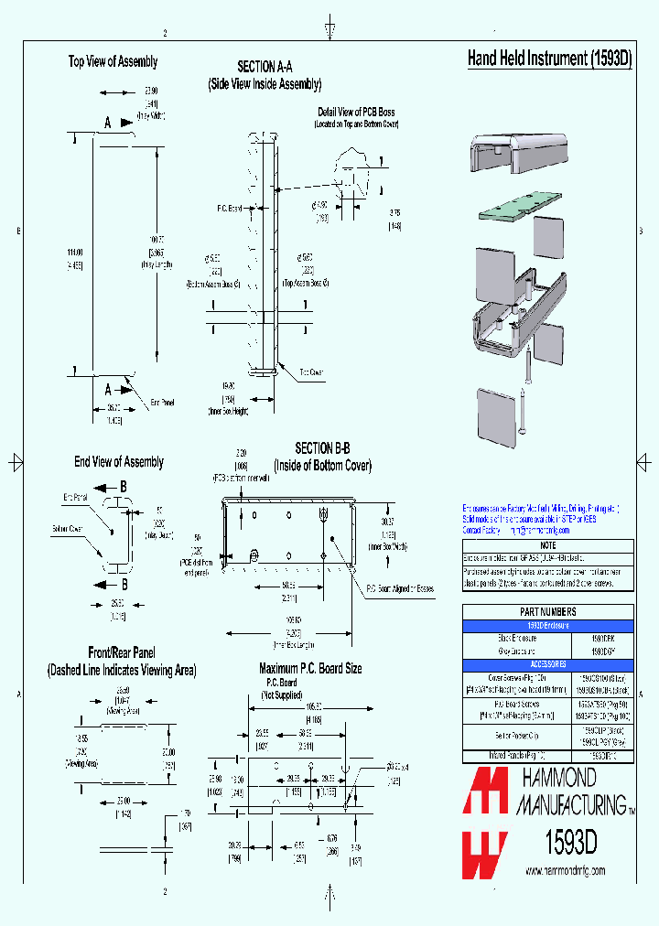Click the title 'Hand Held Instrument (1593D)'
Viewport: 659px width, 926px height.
point(549,59)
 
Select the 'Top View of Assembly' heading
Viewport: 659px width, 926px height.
point(113,61)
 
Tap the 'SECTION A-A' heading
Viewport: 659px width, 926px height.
point(265,67)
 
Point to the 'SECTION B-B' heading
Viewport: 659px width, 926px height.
point(322,448)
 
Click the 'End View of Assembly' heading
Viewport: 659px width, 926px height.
point(119,462)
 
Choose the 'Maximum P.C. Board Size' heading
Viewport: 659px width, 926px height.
point(310,669)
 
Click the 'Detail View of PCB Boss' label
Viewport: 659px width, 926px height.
point(356,112)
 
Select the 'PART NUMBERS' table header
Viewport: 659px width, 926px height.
point(547,612)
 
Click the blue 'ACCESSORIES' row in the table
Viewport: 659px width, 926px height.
point(547,663)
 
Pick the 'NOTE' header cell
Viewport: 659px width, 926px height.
point(547,545)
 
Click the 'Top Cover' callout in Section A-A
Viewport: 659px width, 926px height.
point(311,372)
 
